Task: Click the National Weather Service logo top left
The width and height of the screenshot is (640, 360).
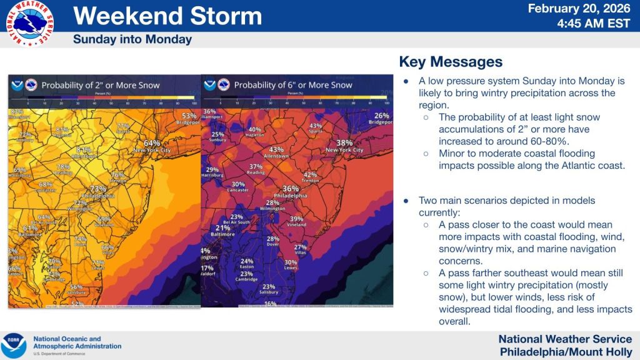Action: pyautogui.click(x=29, y=23)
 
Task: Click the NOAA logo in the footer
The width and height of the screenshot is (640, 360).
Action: pyautogui.click(x=14, y=346)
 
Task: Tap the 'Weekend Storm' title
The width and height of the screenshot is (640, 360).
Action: pyautogui.click(x=167, y=16)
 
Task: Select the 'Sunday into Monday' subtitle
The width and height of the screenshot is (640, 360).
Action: pyautogui.click(x=132, y=39)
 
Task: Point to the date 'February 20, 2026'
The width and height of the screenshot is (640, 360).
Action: pyautogui.click(x=581, y=9)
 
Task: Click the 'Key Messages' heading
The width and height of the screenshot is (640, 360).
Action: pyautogui.click(x=450, y=62)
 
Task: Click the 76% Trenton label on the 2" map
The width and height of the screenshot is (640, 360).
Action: pyautogui.click(x=117, y=177)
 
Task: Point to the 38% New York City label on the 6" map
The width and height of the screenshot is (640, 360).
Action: pyautogui.click(x=344, y=146)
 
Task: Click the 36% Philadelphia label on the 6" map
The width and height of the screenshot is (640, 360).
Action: pyautogui.click(x=291, y=191)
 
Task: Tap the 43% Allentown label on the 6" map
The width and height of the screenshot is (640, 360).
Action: pyautogui.click(x=276, y=152)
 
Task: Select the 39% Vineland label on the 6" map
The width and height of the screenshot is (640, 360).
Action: pyautogui.click(x=296, y=221)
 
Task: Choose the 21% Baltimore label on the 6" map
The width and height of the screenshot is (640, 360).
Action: pyautogui.click(x=223, y=231)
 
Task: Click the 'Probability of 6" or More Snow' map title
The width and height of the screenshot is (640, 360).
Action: pyautogui.click(x=293, y=85)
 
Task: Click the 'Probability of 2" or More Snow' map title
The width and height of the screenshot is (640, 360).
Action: pyautogui.click(x=101, y=85)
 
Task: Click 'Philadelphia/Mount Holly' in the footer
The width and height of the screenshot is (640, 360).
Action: pyautogui.click(x=567, y=352)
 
